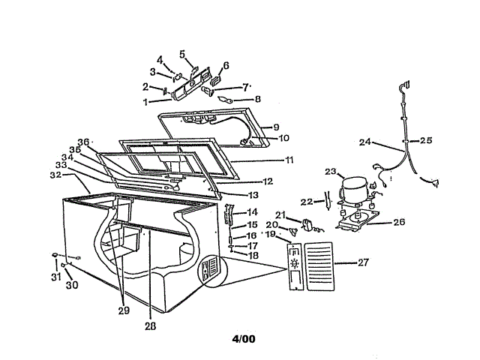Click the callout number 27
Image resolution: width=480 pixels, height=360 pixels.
363,262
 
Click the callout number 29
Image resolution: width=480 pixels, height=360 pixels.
124,310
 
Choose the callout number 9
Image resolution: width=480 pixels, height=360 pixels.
275,127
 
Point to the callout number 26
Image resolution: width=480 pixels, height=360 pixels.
400,222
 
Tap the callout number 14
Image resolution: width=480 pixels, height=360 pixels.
253,212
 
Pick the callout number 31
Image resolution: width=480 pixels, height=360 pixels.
55,278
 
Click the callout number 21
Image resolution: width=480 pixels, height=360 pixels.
280,215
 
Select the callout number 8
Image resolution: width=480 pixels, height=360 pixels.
257,98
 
